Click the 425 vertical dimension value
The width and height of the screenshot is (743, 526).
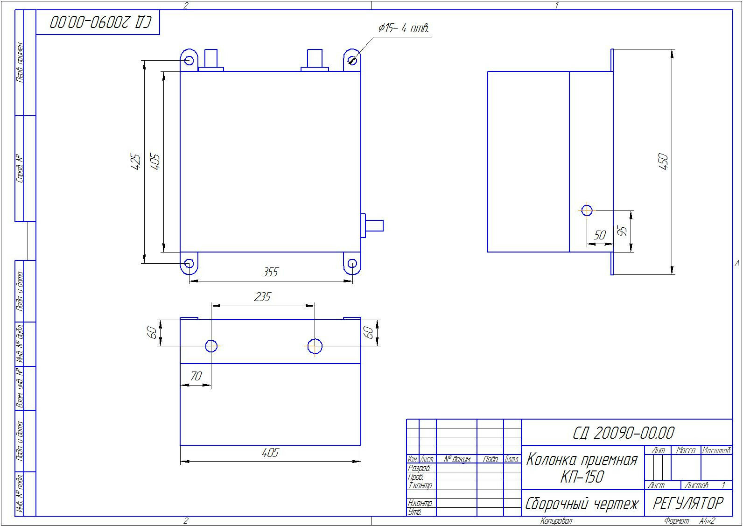click(x=136, y=161)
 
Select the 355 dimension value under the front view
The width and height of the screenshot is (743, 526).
click(x=270, y=272)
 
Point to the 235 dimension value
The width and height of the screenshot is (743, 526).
click(x=262, y=297)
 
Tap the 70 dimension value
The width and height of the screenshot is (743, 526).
click(x=196, y=376)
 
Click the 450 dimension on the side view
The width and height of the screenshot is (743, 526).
click(x=663, y=161)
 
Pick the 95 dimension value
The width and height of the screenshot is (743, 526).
click(x=623, y=231)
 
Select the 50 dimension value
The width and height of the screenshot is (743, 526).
click(x=600, y=236)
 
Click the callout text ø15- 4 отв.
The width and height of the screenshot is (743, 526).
click(x=404, y=28)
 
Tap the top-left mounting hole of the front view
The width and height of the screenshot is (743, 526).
click(x=189, y=61)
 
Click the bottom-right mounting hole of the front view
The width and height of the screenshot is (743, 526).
click(x=352, y=264)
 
